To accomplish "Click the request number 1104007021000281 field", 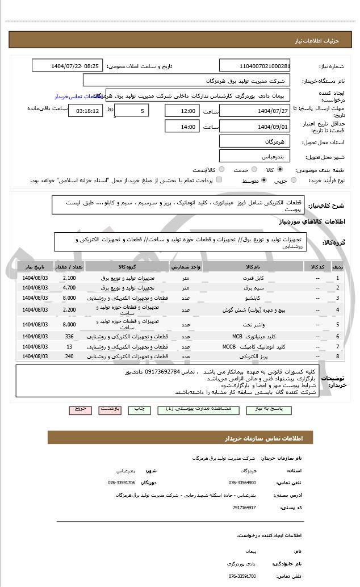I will click(x=254, y=66).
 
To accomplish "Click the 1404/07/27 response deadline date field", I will click(x=254, y=110).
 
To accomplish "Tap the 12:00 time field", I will click(x=182, y=110).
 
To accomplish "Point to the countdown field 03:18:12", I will click(x=86, y=110).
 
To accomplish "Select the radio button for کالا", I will click(x=280, y=169).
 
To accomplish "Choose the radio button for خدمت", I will click(x=253, y=169).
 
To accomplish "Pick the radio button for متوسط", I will click(x=263, y=180).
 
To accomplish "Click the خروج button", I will click(x=79, y=409).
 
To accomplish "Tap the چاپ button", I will click(x=138, y=409).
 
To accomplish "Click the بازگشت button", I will click(x=109, y=409).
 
